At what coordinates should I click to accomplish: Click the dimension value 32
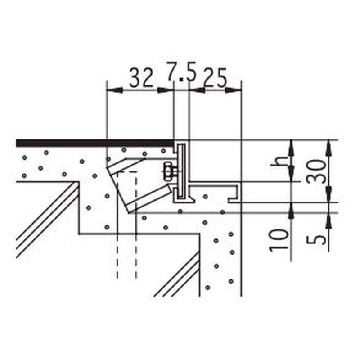[x=141, y=77]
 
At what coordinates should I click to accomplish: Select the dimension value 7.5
[x=182, y=72]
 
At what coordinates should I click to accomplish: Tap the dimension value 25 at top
[x=216, y=77]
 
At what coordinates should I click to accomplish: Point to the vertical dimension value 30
[x=316, y=172]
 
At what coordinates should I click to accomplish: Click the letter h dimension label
[x=279, y=162]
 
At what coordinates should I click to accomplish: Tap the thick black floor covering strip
[x=94, y=143]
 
